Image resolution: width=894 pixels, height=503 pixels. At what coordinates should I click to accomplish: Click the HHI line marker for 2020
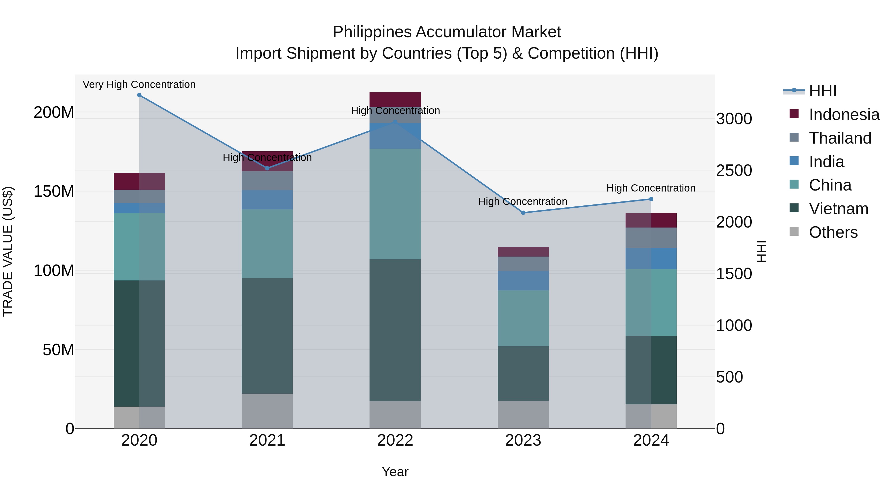139,95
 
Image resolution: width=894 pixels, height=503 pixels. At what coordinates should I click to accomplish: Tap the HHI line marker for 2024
651,199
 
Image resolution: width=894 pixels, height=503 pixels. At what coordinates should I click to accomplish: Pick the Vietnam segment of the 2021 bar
267,336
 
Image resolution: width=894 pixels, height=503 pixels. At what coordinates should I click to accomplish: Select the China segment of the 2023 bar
523,318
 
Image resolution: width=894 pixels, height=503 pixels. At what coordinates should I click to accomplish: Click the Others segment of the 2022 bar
395,415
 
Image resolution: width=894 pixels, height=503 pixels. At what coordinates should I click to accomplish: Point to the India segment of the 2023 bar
523,280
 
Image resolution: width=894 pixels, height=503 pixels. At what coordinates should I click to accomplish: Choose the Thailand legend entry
840,138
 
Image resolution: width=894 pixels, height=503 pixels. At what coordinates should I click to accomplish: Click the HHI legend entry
822,91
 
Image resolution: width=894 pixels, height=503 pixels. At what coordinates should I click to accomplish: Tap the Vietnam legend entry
838,209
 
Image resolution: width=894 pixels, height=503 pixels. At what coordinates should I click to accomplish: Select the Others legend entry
833,232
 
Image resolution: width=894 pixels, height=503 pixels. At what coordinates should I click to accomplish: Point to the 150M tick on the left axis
54,192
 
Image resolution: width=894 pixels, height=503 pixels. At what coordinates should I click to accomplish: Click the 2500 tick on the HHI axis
734,170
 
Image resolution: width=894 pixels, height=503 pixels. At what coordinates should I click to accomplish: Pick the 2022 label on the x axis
395,440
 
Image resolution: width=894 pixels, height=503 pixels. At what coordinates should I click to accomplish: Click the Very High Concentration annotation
139,84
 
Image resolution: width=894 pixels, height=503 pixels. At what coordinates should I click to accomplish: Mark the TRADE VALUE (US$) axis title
8,251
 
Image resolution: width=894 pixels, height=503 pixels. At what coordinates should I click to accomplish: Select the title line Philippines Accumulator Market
447,32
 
